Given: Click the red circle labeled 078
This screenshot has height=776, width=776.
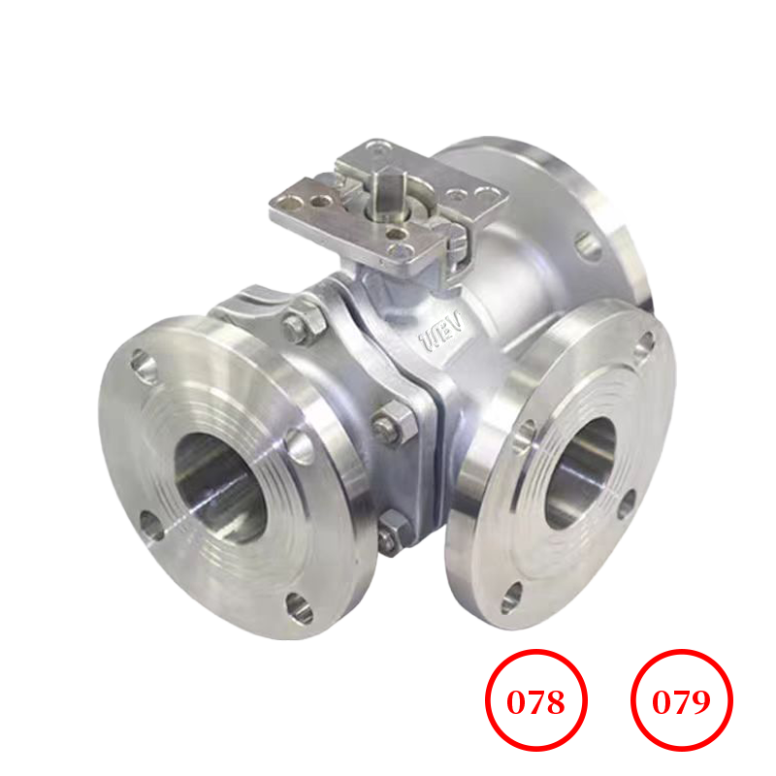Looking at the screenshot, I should point(536,701).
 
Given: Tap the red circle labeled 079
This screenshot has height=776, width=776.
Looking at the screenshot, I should point(682,701).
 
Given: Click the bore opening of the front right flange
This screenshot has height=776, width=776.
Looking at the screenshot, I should point(579,472).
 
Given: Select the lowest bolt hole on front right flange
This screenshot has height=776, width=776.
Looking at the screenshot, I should point(511,598).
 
